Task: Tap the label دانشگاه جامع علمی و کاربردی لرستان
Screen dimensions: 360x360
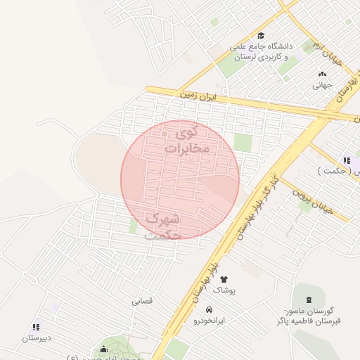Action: [x=261, y=51]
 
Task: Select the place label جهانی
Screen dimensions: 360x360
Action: [x=322, y=85]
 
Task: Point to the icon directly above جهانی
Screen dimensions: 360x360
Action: [x=322, y=74]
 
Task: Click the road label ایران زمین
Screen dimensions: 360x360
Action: [x=205, y=94]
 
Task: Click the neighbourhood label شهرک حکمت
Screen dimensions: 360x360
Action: [x=163, y=226]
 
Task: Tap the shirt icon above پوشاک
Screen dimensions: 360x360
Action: [x=224, y=279]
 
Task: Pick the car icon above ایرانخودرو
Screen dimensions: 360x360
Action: [x=209, y=309]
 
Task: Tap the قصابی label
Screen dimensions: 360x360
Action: [x=142, y=300]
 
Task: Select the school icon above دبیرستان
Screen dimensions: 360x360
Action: [x=36, y=327]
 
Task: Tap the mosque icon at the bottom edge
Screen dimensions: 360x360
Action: [x=104, y=350]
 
